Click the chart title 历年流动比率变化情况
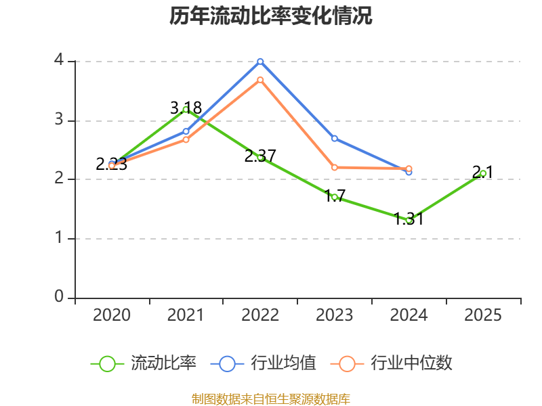(270, 16)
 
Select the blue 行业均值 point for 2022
(260, 62)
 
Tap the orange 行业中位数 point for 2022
(260, 80)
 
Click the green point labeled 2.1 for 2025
(483, 174)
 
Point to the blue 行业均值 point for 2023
(335, 139)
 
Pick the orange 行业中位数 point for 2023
(335, 167)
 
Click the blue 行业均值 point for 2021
(186, 131)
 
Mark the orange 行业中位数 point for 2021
(186, 140)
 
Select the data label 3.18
(186, 108)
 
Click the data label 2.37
(260, 156)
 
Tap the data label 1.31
(409, 219)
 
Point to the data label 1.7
(335, 196)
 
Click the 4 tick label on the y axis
(59, 60)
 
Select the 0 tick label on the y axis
(59, 296)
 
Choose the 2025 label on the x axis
(483, 315)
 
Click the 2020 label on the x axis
(112, 315)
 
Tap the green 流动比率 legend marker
(107, 364)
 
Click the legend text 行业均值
(283, 363)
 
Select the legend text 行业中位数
(411, 363)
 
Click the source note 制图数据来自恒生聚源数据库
(271, 399)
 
